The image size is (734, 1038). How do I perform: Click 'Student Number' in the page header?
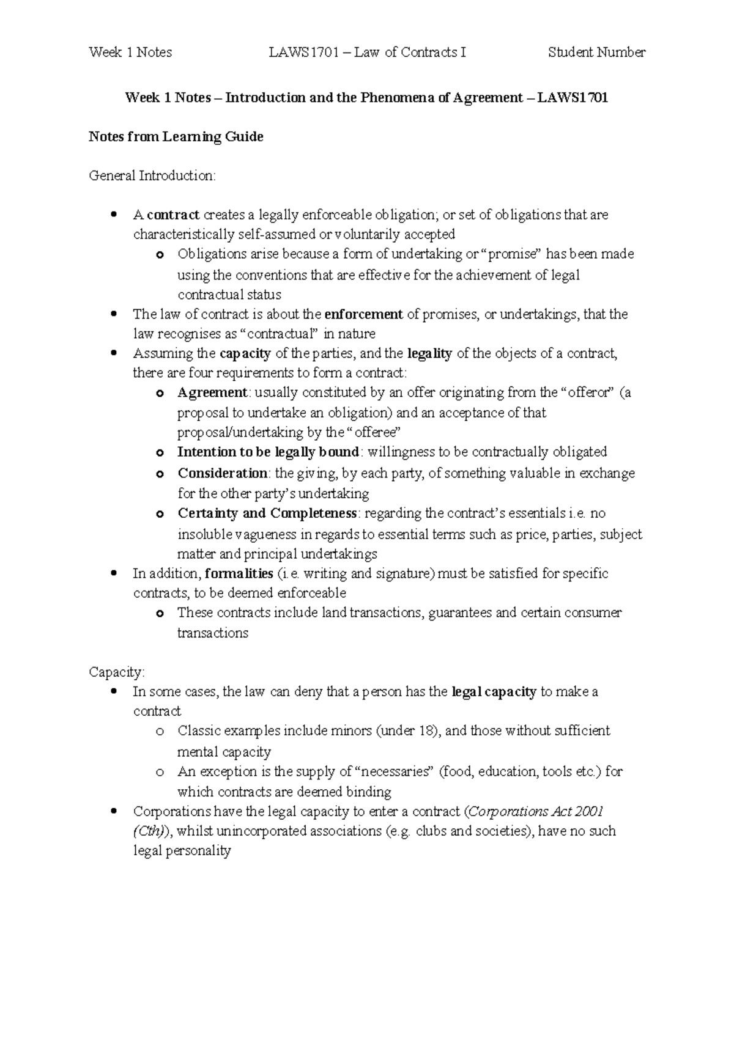(x=596, y=53)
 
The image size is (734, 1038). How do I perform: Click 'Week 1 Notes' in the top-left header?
(x=130, y=53)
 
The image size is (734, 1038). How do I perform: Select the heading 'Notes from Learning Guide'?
(x=176, y=137)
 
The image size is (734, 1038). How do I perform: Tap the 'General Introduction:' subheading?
(x=152, y=176)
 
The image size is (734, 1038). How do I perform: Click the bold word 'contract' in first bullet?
(x=173, y=215)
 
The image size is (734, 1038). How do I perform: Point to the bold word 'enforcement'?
(x=363, y=315)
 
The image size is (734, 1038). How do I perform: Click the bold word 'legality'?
(x=429, y=353)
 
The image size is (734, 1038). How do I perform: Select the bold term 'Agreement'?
(x=212, y=392)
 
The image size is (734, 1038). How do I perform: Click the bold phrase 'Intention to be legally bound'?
(x=268, y=452)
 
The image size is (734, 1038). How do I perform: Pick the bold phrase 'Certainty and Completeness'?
(x=267, y=513)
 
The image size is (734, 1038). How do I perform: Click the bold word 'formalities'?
(x=239, y=574)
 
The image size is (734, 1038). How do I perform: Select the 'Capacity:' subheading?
(x=117, y=672)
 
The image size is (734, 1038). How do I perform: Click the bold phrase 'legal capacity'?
(x=494, y=692)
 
